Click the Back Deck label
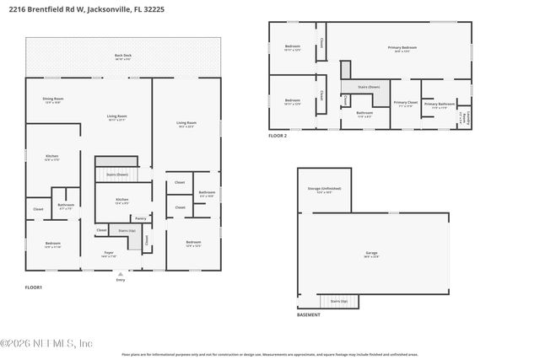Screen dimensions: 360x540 point(123,57)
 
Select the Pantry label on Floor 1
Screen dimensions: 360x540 point(140,218)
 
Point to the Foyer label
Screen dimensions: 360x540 point(109,253)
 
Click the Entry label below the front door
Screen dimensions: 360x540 point(120,279)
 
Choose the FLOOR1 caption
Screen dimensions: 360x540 point(34,287)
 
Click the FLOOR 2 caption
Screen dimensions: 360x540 point(278,135)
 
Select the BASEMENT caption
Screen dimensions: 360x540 point(309,314)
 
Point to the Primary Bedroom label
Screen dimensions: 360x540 point(402,48)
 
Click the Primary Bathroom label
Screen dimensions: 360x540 point(440,105)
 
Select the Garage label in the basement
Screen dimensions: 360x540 point(371,253)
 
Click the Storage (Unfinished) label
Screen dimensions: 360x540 point(324,190)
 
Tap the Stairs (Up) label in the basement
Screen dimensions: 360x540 point(338,301)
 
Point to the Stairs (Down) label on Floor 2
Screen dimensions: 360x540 point(368,87)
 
